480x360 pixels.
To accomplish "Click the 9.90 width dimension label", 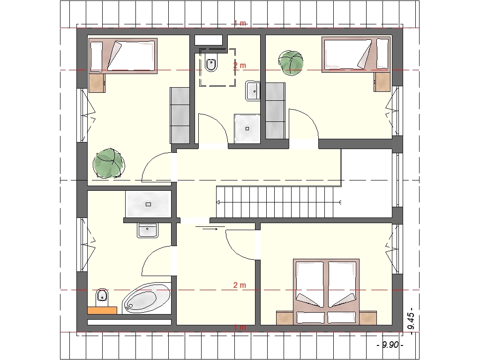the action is coord(390,345).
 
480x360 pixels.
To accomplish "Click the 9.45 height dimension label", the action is coord(411,319).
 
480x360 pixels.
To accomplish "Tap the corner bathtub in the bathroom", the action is coord(147,298).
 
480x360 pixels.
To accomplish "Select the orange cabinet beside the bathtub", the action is coord(102,310).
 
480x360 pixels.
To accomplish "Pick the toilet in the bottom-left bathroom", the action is coord(102,297).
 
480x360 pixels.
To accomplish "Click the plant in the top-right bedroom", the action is coord(291,63).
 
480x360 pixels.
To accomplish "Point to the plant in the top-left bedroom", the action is coord(109,163).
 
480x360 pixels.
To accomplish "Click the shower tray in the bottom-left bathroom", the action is coord(148,204).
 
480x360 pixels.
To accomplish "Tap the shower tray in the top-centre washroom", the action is coord(247,128).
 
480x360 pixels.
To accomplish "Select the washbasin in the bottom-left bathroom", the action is coord(148,230).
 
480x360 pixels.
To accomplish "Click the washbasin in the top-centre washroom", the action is coord(253,91).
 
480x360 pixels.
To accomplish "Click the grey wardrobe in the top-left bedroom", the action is coord(180,115).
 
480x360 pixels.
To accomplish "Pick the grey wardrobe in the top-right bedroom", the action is coord(275,111).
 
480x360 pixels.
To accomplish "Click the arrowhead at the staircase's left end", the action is coord(218,202).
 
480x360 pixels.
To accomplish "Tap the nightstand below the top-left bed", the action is coord(97,83).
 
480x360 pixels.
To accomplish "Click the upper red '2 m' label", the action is coord(240,65).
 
